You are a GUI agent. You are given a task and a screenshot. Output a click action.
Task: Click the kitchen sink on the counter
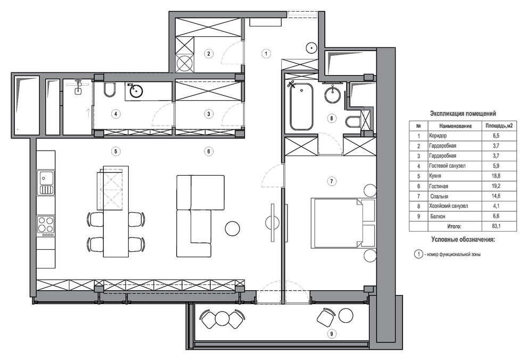pos(47,183)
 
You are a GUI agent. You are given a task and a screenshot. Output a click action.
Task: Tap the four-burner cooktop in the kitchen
pos(46,224)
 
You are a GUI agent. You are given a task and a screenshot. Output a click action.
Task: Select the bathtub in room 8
pos(301,106)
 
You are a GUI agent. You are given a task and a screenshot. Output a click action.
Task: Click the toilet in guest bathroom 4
pos(109,89)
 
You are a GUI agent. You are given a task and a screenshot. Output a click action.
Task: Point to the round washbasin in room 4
pos(135,91)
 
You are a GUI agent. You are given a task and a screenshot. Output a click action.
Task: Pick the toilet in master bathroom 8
pos(352,121)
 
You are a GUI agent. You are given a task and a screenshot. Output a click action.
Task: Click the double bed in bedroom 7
pos(343,223)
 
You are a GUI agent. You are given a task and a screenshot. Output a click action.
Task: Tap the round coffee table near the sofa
pos(232,228)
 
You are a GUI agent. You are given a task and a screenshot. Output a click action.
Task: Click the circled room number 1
pos(266,53)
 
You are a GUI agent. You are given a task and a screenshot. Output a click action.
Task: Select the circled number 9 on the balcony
pos(332,333)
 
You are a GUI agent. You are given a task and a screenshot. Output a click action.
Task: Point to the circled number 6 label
pos(209,151)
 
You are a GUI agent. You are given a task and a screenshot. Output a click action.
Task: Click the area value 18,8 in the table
pos(496,176)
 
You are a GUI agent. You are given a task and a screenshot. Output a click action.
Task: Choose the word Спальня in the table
pos(439,196)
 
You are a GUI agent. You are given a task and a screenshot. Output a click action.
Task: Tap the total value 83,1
pos(496,226)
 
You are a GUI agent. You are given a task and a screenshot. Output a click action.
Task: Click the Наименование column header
pos(455,126)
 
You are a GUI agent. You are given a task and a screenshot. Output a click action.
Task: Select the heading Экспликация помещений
pos(463,113)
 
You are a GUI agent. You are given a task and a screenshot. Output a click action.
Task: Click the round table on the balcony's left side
pos(222,318)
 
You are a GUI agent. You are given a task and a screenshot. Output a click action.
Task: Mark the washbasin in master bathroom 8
pos(333,94)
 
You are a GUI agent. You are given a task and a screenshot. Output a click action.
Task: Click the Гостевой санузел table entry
pos(447,166)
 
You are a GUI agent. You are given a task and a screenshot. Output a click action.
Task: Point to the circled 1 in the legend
pos(418,254)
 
